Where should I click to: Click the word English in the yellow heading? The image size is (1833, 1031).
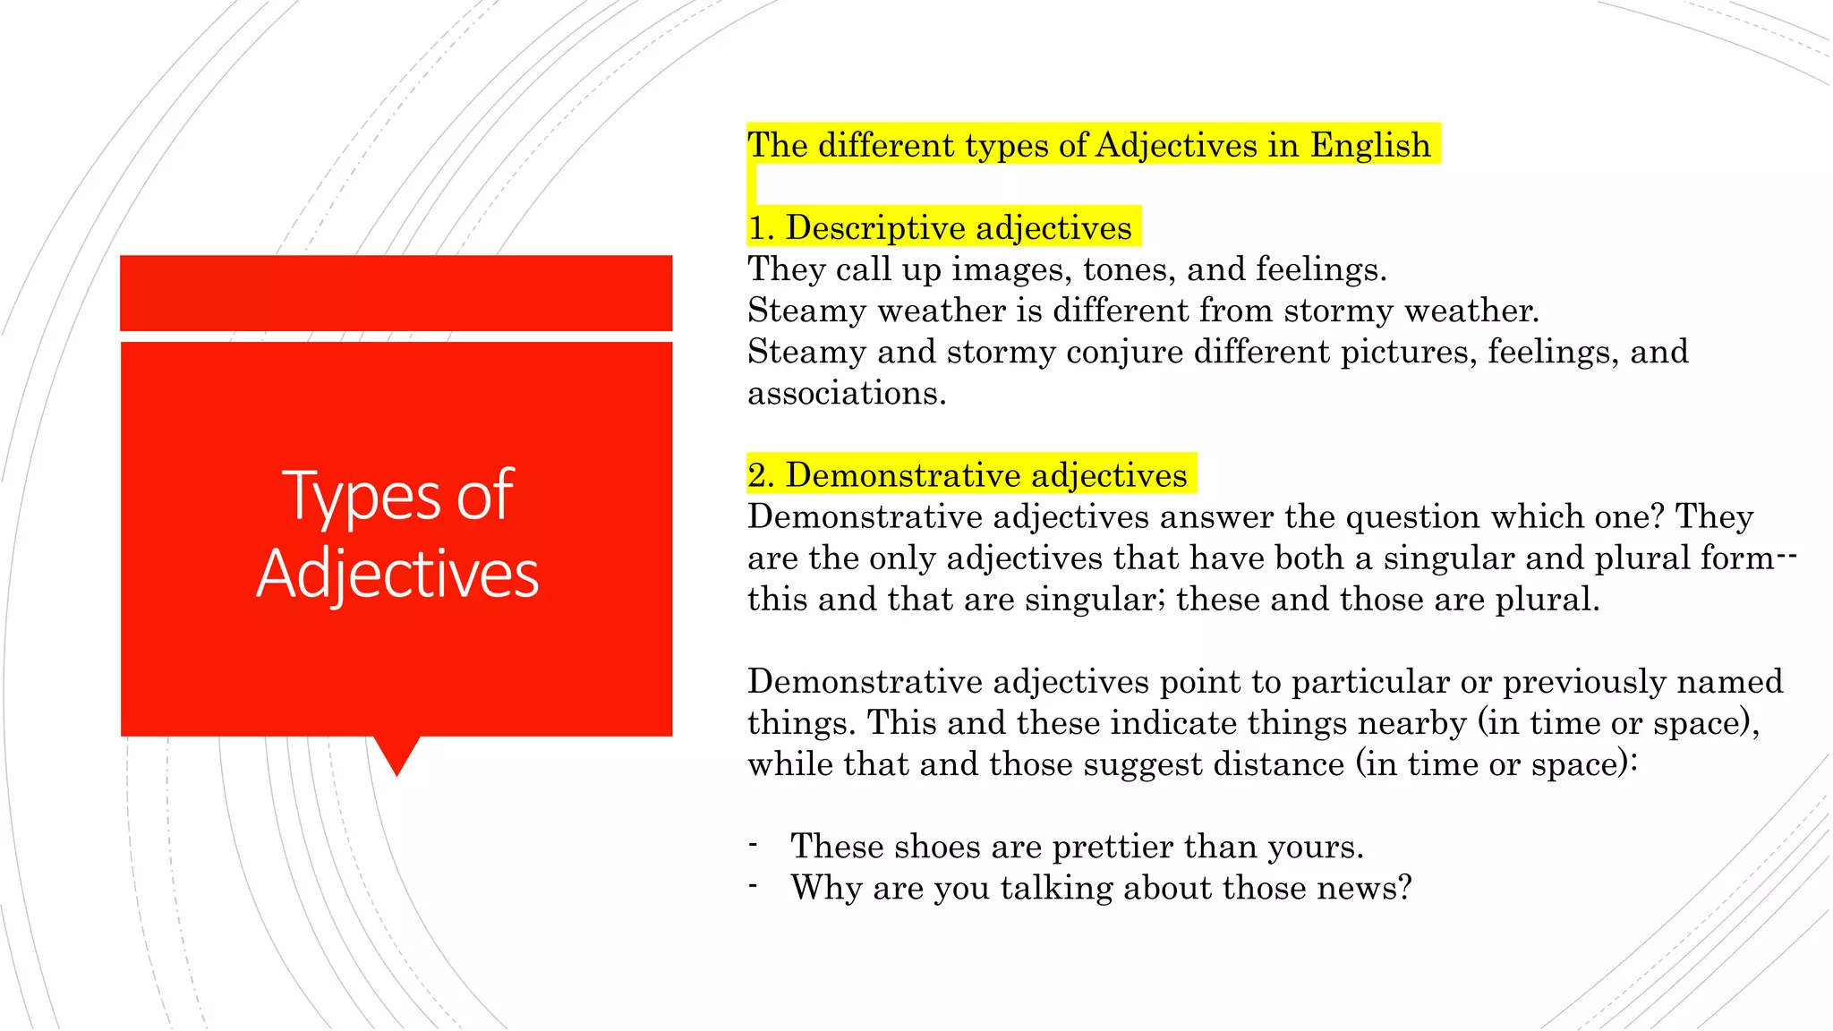[1370, 145]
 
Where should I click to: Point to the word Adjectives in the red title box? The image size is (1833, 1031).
[397, 574]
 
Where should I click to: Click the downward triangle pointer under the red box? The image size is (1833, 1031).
[396, 754]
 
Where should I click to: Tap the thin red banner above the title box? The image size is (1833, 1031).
[396, 293]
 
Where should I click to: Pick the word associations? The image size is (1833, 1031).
[846, 393]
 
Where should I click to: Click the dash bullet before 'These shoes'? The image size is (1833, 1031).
[754, 844]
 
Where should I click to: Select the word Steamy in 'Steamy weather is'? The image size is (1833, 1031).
[806, 311]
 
